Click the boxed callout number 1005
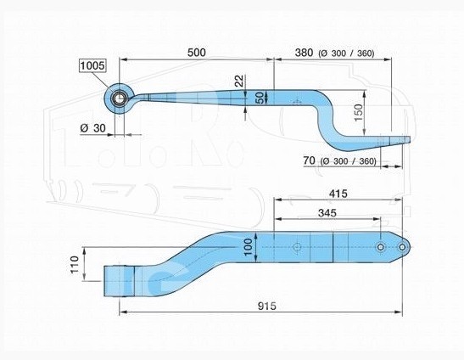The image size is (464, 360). pyautogui.click(x=92, y=65)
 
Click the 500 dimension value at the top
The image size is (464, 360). pyautogui.click(x=197, y=53)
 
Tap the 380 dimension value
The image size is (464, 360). pyautogui.click(x=304, y=53)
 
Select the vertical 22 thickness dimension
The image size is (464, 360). pyautogui.click(x=239, y=81)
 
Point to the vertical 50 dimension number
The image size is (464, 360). pyautogui.click(x=260, y=98)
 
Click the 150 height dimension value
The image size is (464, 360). pyautogui.click(x=358, y=113)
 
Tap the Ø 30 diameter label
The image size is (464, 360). pyautogui.click(x=92, y=128)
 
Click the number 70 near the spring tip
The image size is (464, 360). pyautogui.click(x=309, y=160)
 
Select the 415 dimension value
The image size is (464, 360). pyautogui.click(x=338, y=194)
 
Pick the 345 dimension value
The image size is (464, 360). pyautogui.click(x=327, y=212)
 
